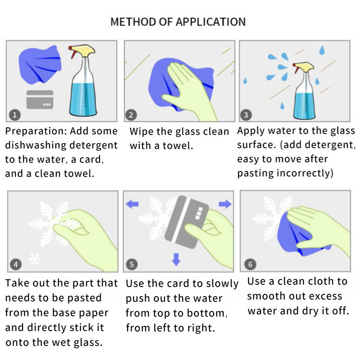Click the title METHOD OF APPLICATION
(178, 22)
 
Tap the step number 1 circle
(15, 115)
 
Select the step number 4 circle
(16, 265)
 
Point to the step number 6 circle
(250, 264)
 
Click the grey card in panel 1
(40, 99)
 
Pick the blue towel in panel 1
(40, 64)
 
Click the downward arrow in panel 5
(176, 259)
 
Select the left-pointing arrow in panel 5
(132, 204)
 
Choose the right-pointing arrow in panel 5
(225, 204)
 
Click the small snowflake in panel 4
(35, 259)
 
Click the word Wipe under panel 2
(142, 131)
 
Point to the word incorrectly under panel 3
(305, 173)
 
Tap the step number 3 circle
(246, 115)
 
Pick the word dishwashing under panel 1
(36, 145)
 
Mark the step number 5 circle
(132, 265)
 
